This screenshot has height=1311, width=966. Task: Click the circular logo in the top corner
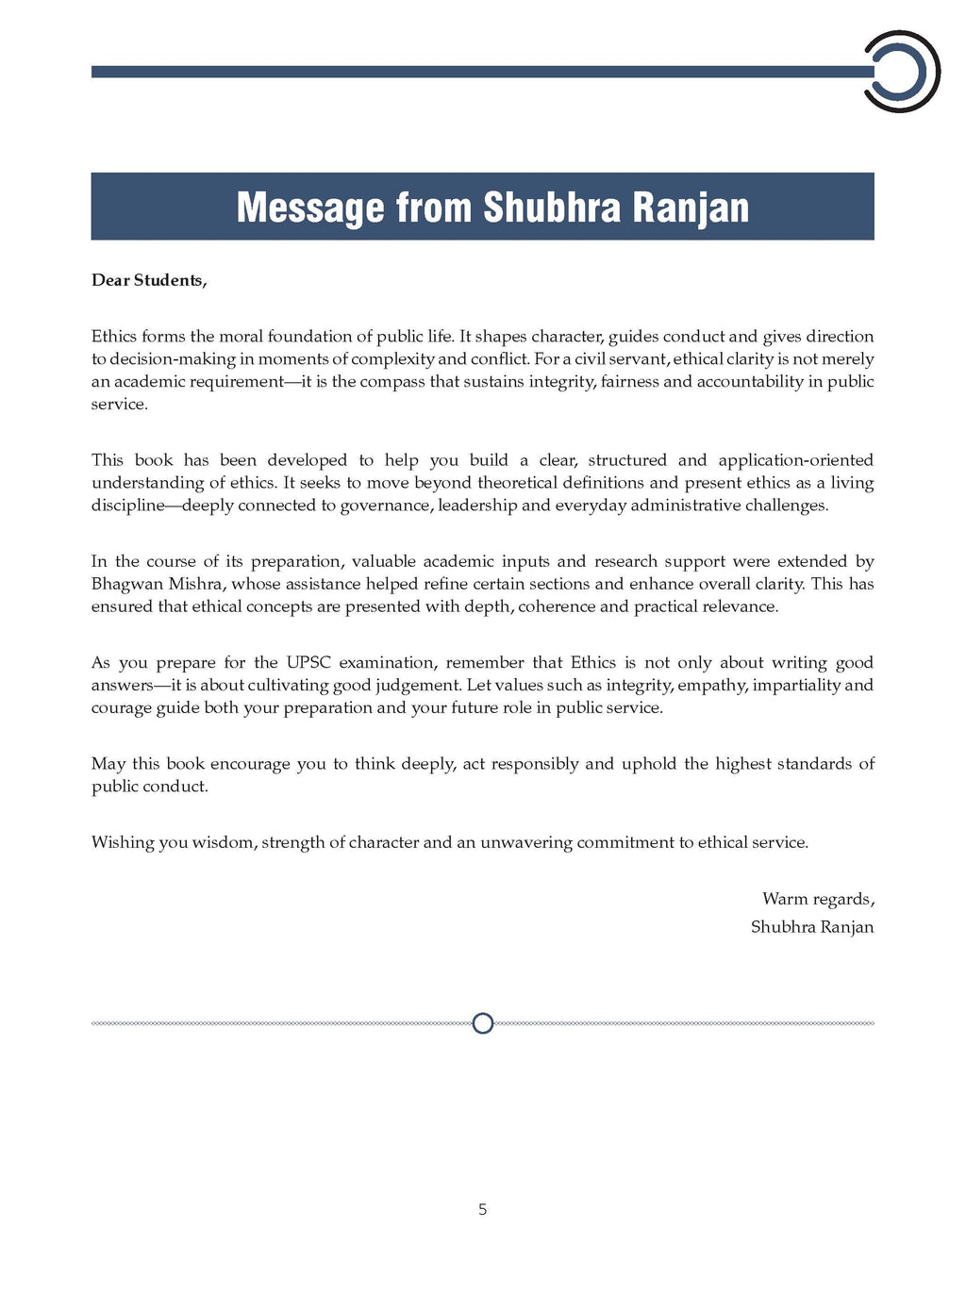point(902,72)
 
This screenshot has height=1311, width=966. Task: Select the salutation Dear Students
point(148,280)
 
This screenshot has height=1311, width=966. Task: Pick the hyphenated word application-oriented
point(795,460)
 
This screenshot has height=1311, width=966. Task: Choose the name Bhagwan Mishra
point(157,584)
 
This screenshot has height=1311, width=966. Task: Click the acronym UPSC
point(308,662)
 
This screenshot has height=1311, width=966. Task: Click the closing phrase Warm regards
point(818,899)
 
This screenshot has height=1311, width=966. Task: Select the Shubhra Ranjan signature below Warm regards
point(812,927)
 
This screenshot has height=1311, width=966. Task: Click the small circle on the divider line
point(482,1023)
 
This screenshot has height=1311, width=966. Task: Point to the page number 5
point(482,1209)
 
